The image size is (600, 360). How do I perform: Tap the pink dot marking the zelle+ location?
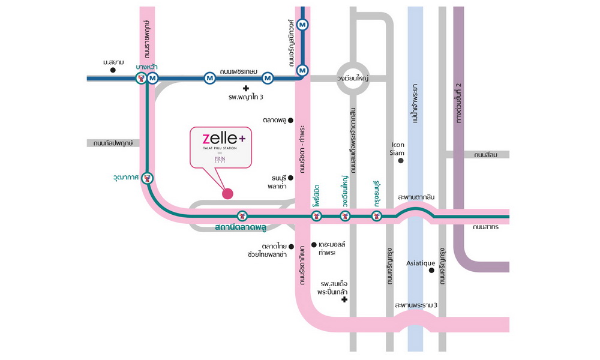click(227, 193)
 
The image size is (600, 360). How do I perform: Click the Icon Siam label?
click(398, 148)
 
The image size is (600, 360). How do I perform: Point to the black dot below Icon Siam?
click(400, 161)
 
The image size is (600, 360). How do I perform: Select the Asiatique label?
click(421, 263)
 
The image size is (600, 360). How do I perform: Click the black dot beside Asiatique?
click(431, 271)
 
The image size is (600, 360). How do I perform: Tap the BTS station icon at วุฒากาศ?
click(148, 178)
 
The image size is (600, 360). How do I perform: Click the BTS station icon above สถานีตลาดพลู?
click(242, 216)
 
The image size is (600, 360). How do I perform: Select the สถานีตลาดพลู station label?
click(240, 228)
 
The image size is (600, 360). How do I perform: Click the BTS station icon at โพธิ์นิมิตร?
click(316, 216)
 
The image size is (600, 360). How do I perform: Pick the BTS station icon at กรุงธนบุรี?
click(376, 216)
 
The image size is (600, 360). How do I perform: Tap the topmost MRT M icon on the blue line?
click(303, 25)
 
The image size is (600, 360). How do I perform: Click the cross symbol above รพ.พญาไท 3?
click(245, 88)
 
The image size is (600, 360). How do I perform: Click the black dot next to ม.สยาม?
click(113, 70)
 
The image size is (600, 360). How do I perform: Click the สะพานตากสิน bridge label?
click(416, 197)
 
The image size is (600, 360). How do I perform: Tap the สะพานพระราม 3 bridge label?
click(416, 305)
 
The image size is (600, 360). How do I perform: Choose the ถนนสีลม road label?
click(487, 155)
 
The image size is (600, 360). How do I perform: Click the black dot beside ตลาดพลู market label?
click(291, 120)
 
